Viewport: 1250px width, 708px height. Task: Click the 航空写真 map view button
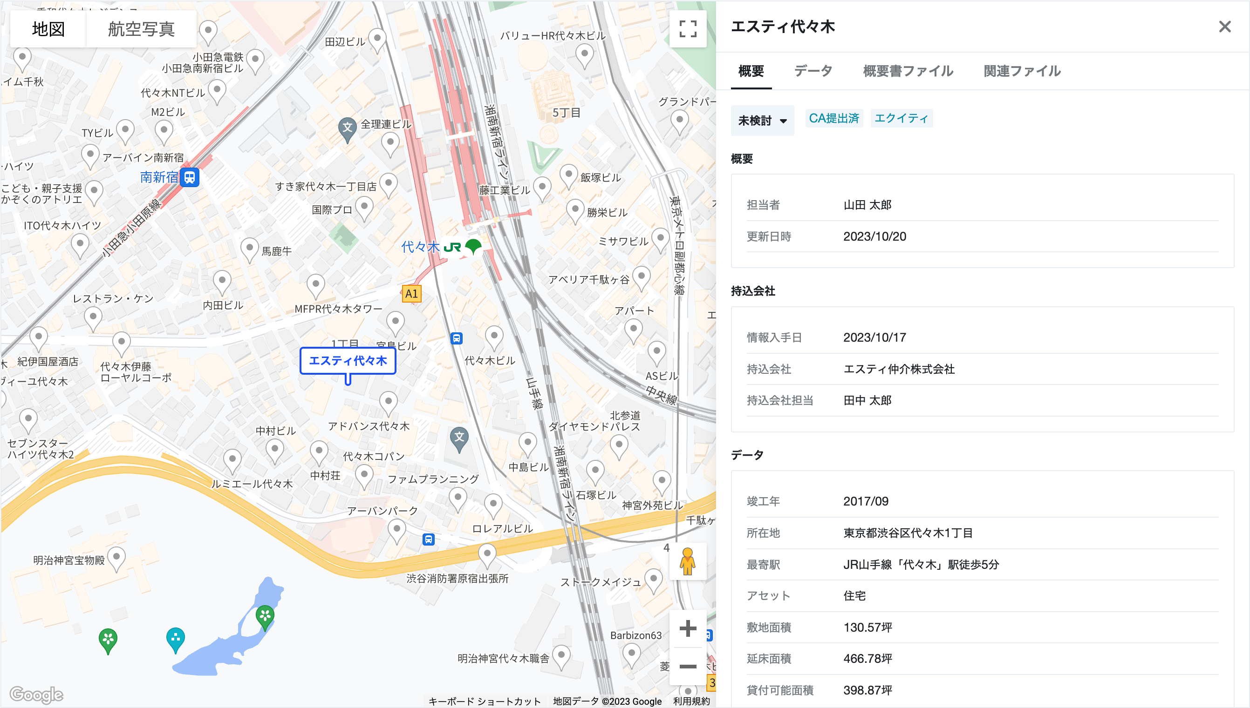(x=141, y=29)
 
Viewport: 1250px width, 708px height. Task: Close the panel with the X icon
(x=1224, y=27)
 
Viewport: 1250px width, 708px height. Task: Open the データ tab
(x=813, y=71)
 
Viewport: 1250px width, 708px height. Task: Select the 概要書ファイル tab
(x=908, y=71)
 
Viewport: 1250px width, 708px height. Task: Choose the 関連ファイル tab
(x=1022, y=71)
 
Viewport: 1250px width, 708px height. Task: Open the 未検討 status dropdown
(x=762, y=121)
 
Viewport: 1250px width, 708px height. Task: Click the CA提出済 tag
(x=833, y=118)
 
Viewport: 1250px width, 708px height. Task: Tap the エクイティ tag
(x=901, y=118)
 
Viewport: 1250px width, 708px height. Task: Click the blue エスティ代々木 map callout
(x=348, y=361)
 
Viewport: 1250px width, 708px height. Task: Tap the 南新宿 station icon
(x=190, y=177)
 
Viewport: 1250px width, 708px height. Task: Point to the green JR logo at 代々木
(x=452, y=248)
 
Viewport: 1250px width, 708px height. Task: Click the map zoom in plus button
(x=688, y=628)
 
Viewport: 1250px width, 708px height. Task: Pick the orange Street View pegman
(x=688, y=561)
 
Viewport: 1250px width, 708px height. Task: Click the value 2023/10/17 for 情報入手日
(x=874, y=337)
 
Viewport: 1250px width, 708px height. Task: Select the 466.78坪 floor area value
(x=867, y=659)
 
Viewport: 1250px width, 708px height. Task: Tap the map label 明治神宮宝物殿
(x=68, y=560)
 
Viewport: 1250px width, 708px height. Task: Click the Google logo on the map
(x=36, y=695)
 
